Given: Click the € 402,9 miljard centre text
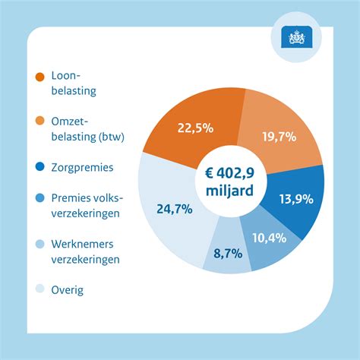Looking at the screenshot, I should point(231,182).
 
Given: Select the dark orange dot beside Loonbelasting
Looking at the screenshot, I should point(39,77).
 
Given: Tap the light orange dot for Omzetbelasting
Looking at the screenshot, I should point(39,122).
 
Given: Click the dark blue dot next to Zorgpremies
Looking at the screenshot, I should point(39,168).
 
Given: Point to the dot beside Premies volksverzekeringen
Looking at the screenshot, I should point(39,199).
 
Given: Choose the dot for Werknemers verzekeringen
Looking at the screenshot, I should point(39,245).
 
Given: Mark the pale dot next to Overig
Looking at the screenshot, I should point(39,289).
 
